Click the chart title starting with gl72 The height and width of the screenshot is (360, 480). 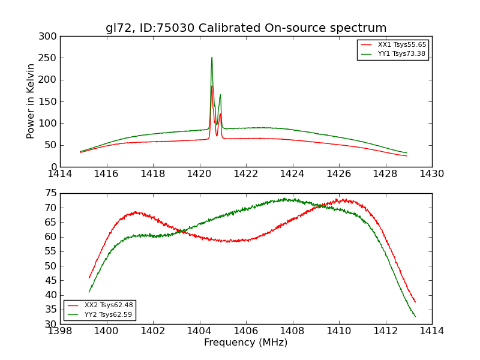[246, 28]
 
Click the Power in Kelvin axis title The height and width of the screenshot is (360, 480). [31, 101]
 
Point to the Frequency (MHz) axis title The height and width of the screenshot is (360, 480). [246, 343]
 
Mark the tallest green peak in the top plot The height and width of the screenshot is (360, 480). [212, 58]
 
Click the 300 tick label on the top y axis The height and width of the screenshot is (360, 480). [49, 37]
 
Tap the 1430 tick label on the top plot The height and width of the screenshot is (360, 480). [432, 173]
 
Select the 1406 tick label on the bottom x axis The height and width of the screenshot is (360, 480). [246, 331]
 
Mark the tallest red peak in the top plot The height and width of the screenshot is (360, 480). [212, 86]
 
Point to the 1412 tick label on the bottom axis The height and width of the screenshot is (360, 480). [385, 331]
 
